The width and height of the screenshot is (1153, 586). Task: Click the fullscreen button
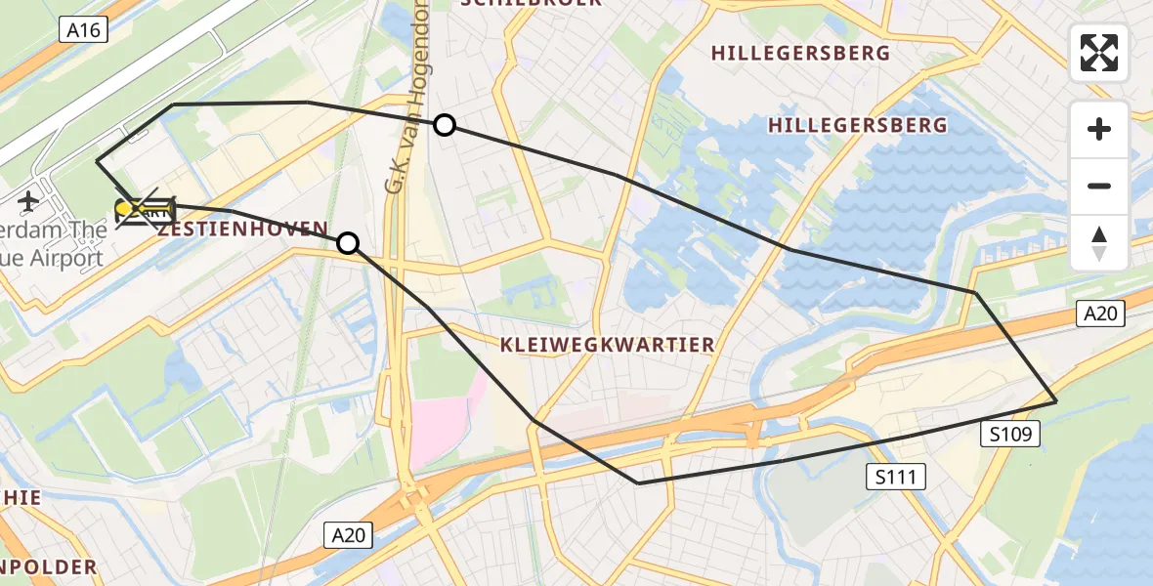point(1099,53)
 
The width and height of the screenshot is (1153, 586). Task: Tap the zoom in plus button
point(1099,129)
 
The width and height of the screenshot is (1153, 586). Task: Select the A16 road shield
point(83,30)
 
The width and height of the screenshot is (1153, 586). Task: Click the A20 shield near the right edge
point(1101,314)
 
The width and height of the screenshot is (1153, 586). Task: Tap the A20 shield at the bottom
point(348,534)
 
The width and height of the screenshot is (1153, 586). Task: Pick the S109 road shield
point(1009,435)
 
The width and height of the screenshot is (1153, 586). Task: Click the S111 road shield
point(896,477)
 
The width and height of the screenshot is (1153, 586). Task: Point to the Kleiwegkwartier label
point(607,345)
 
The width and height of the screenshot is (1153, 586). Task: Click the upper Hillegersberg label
point(800,53)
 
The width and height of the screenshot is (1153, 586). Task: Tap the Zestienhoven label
point(242,230)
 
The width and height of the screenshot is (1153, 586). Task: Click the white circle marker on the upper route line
point(445,125)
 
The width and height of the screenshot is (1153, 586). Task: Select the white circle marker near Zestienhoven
point(348,243)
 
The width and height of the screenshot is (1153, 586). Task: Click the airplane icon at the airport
point(27,202)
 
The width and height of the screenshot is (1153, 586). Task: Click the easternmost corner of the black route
point(1056,401)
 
